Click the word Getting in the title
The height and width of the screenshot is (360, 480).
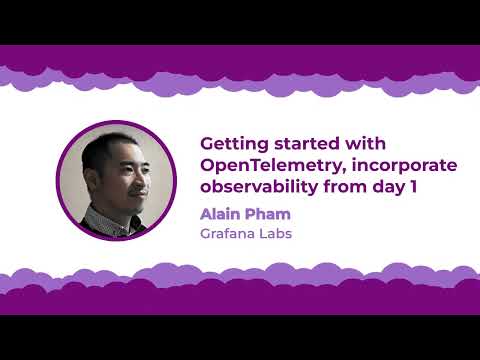coord(232,144)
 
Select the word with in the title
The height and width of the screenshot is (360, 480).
coord(359,144)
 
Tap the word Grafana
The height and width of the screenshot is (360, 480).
coord(229,235)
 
